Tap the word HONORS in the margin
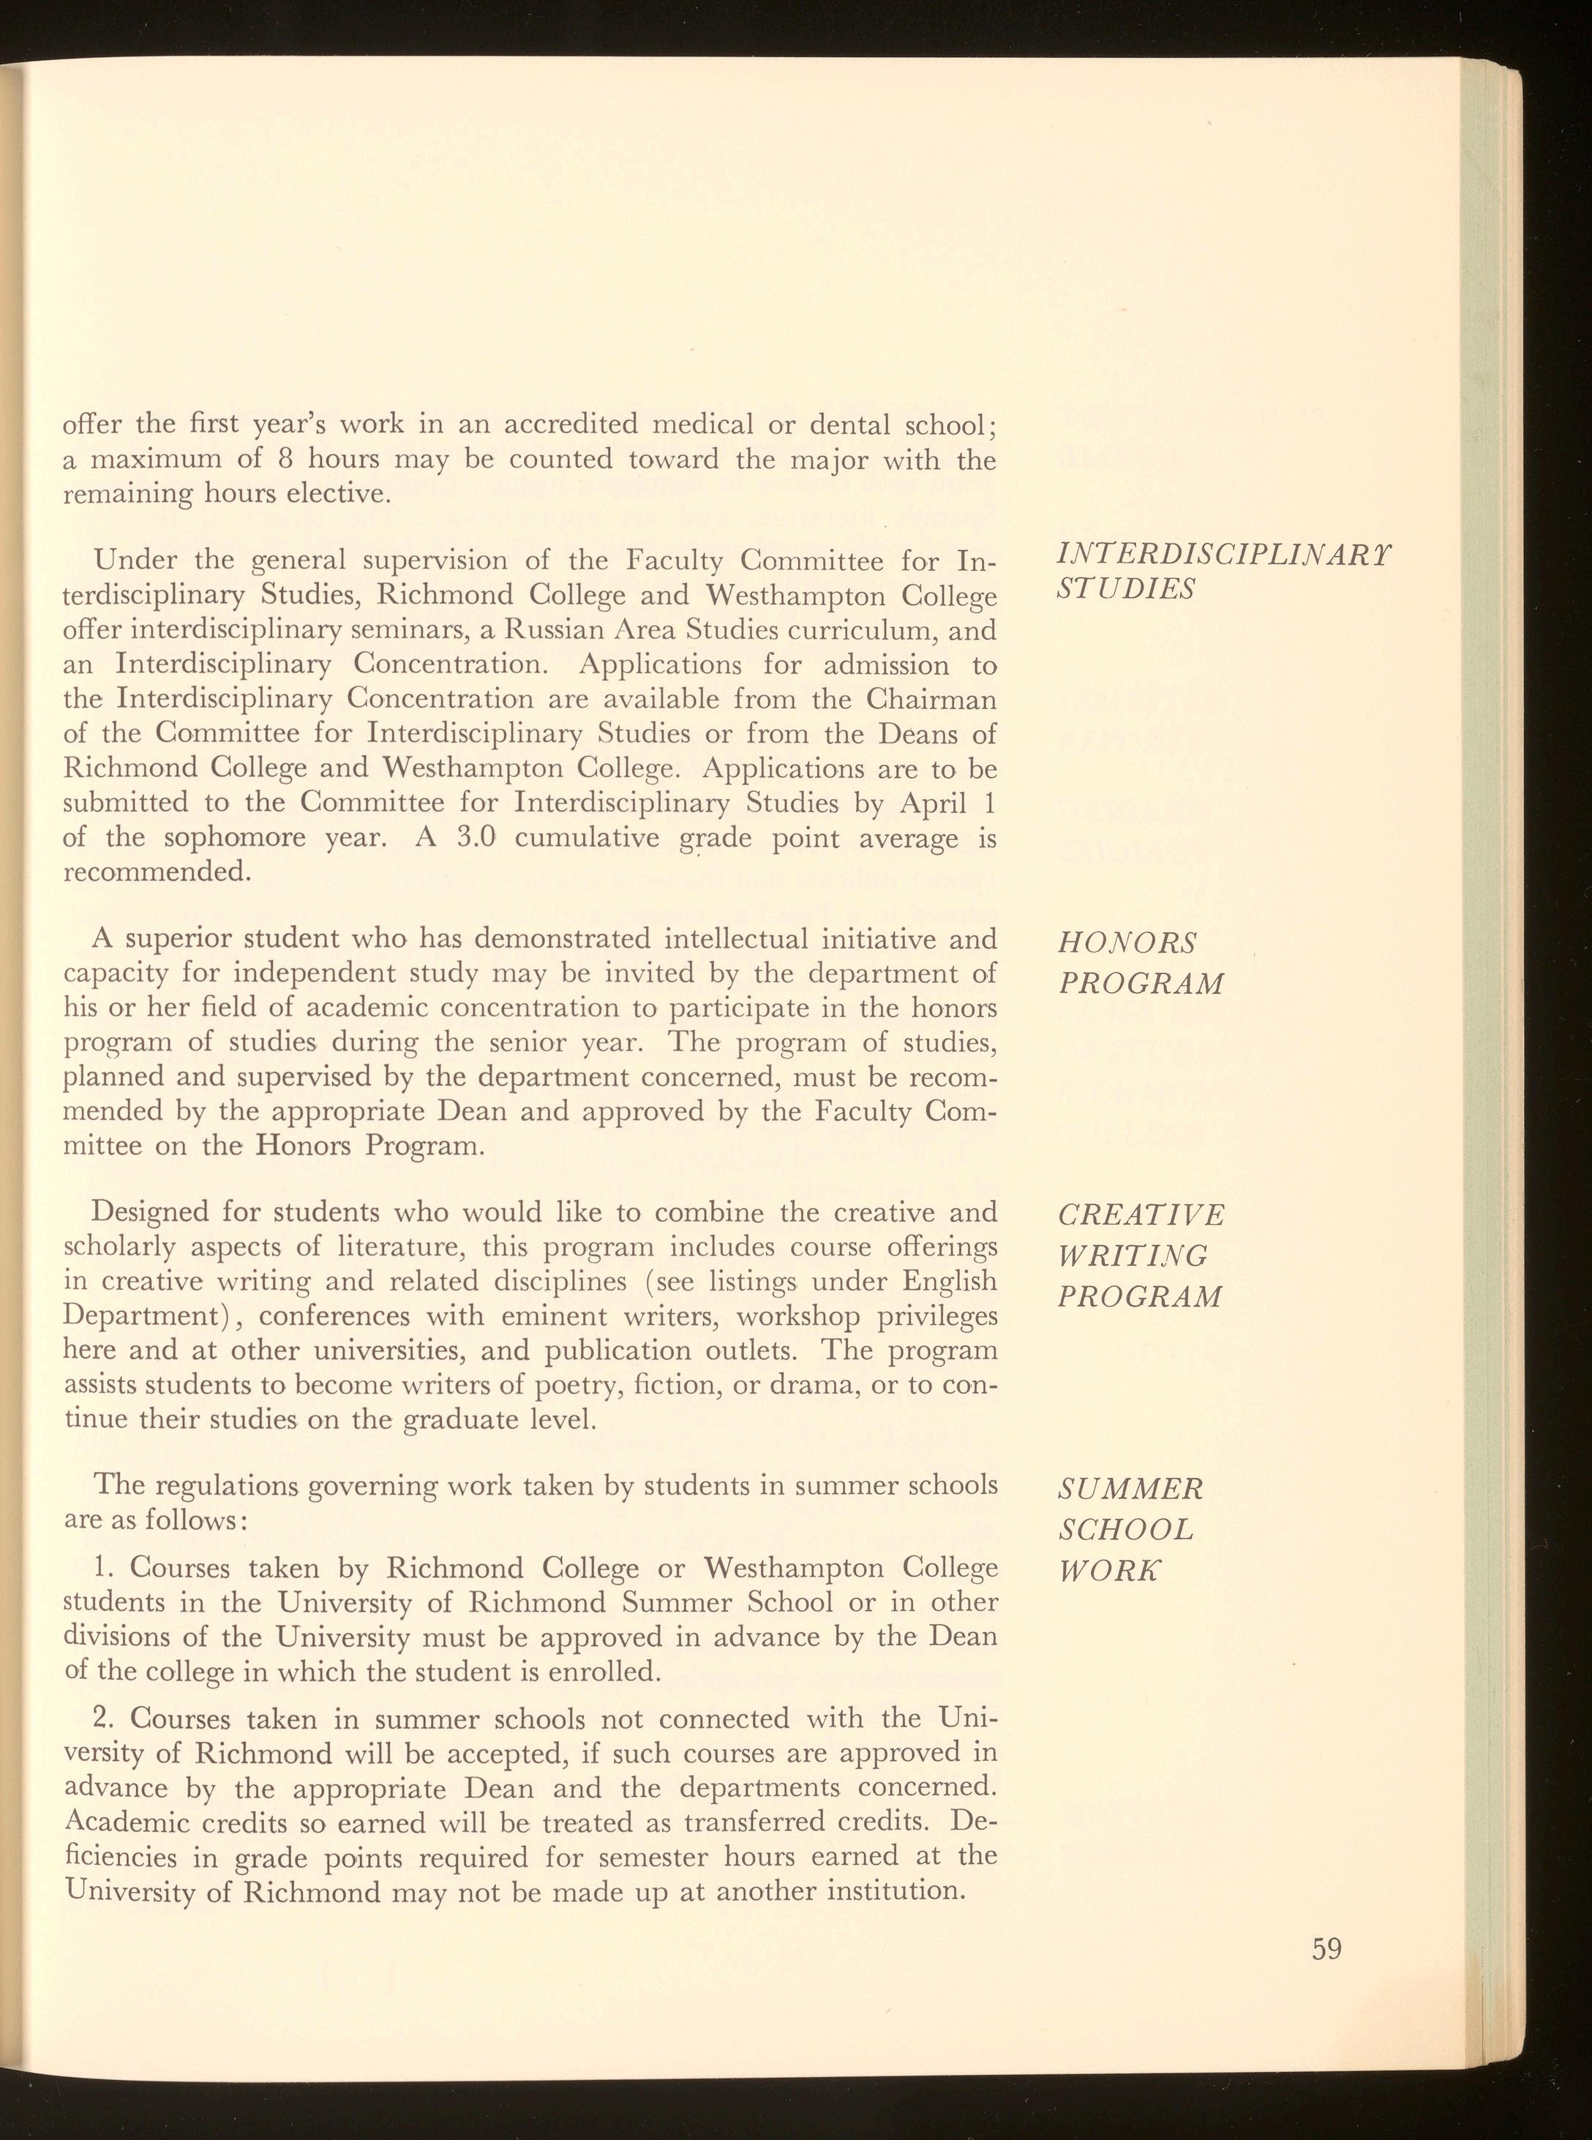pyautogui.click(x=1127, y=942)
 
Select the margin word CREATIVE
pyautogui.click(x=1141, y=1214)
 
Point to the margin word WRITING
pyautogui.click(x=1133, y=1255)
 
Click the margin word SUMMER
pyautogui.click(x=1130, y=1489)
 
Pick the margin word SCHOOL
pyautogui.click(x=1125, y=1529)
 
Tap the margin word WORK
pyautogui.click(x=1109, y=1572)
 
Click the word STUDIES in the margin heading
pyautogui.click(x=1125, y=589)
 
